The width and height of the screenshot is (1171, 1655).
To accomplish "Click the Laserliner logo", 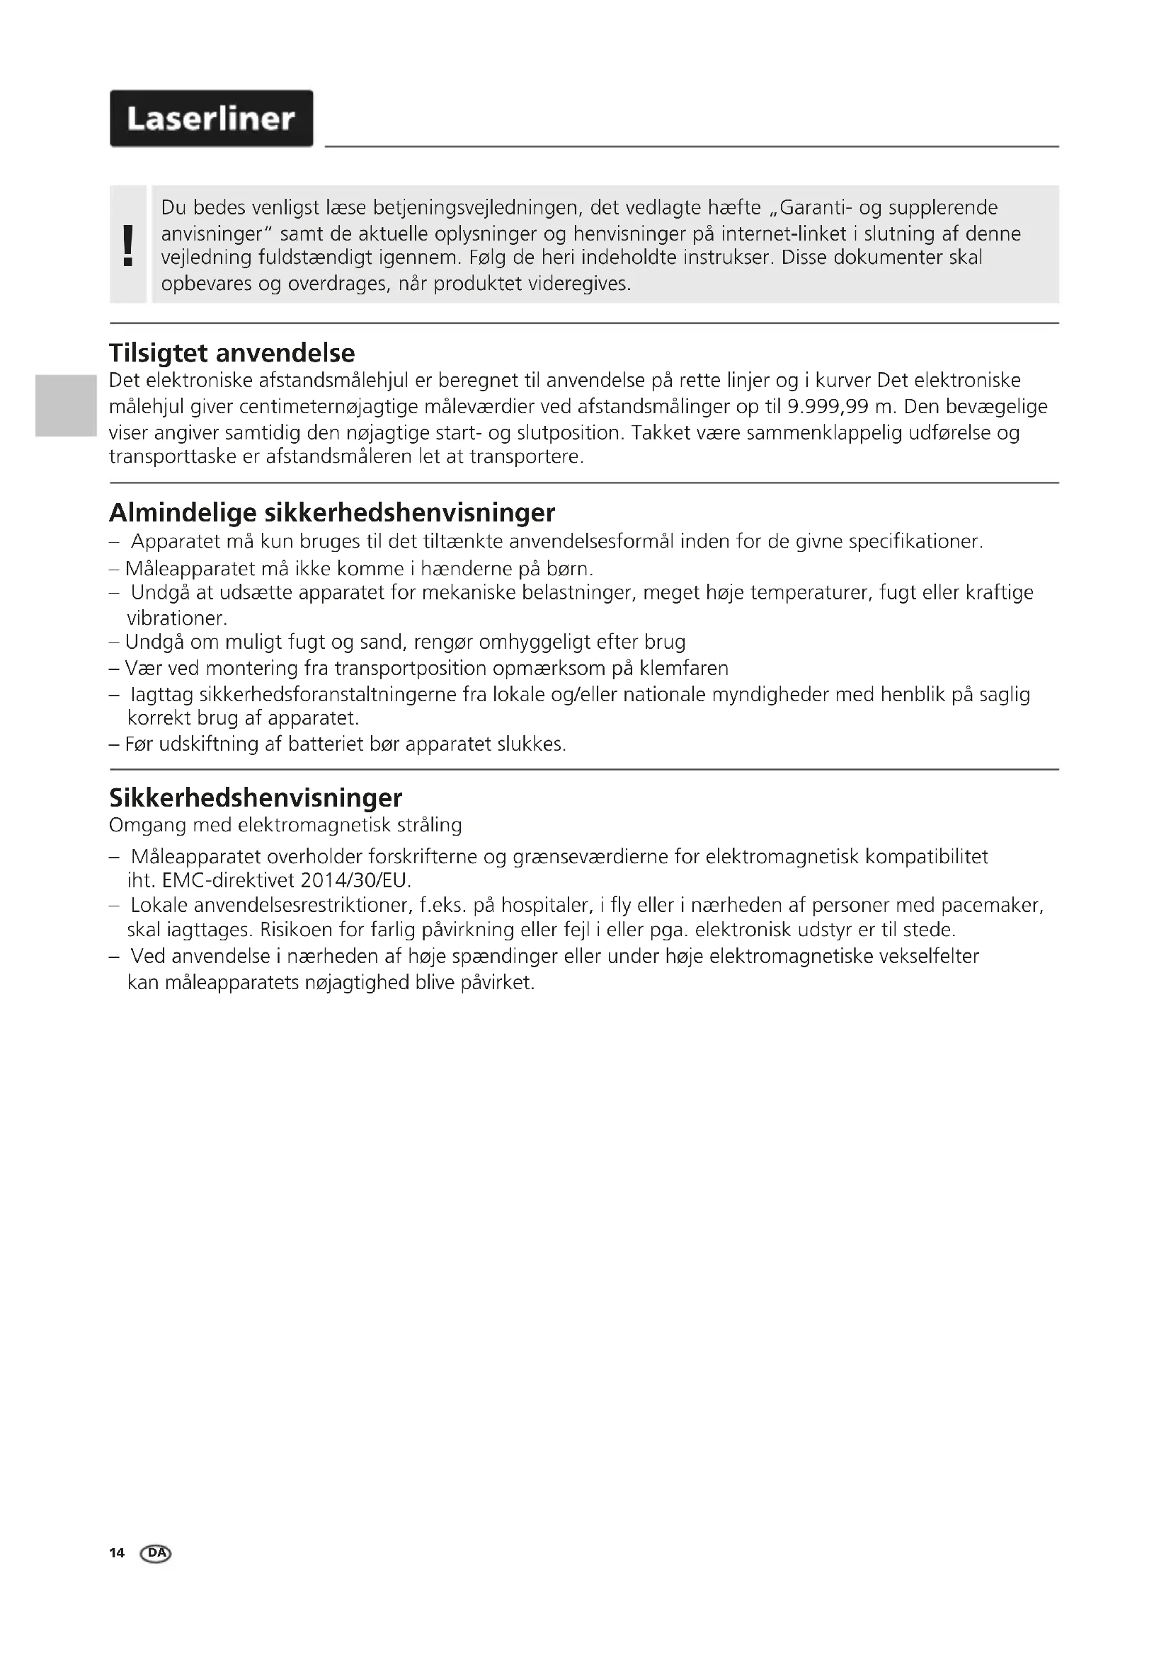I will [x=211, y=119].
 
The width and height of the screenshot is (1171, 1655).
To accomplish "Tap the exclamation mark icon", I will [x=128, y=245].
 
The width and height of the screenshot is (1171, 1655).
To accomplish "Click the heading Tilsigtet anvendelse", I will [x=232, y=353].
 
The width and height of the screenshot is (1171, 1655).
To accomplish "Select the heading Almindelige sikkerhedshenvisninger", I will [x=331, y=513].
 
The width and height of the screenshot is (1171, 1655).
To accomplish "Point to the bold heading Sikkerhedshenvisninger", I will [x=256, y=798].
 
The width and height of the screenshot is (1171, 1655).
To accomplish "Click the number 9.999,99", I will [x=828, y=408].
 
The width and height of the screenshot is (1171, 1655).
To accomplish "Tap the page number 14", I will [x=117, y=1552].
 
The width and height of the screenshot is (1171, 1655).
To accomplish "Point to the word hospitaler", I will [x=547, y=906].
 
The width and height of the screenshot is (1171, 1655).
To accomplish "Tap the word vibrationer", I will [x=177, y=618].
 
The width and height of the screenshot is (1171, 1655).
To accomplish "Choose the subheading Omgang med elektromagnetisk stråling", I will [x=285, y=825].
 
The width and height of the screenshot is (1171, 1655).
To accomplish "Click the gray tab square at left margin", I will [x=66, y=405].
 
